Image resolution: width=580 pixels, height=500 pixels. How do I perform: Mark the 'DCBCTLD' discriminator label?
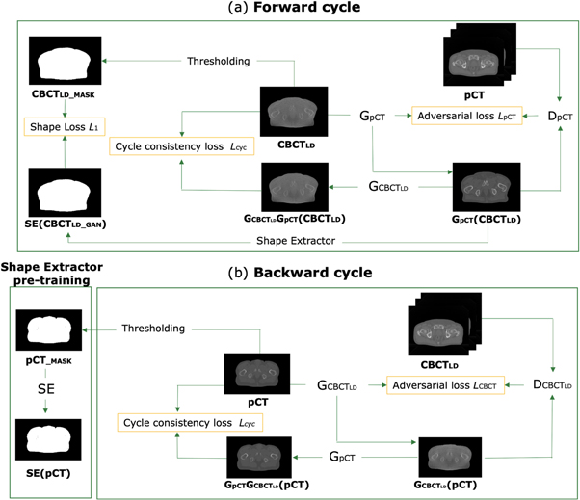click(551, 385)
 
